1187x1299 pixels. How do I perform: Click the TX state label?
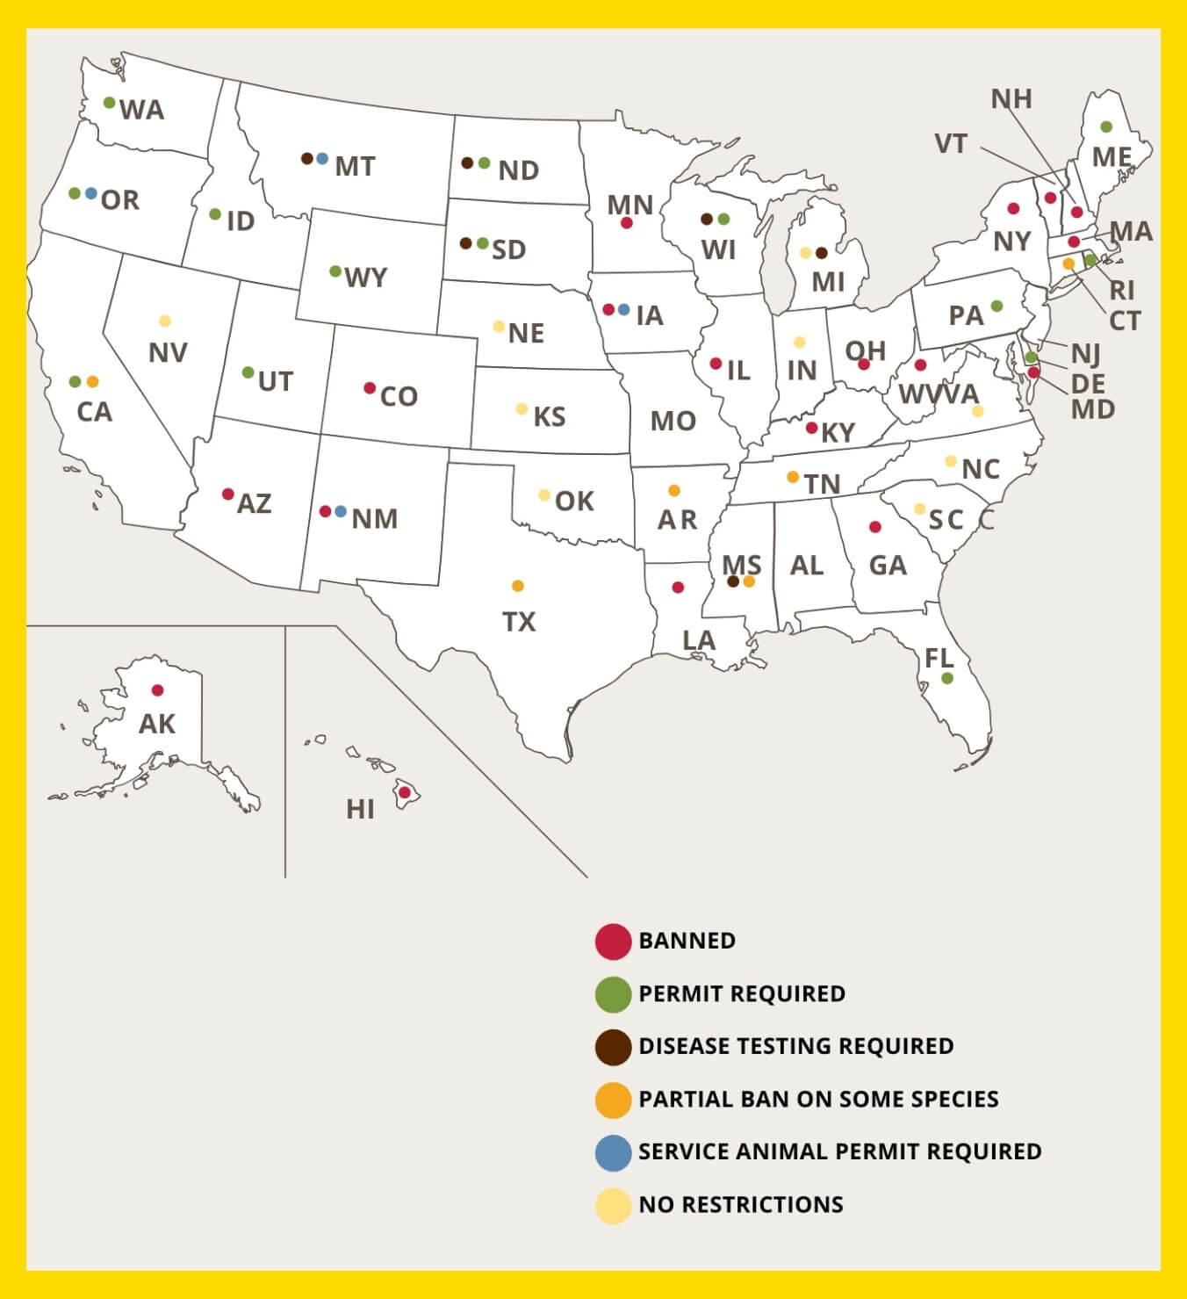519,622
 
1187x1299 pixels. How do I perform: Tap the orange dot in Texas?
518,586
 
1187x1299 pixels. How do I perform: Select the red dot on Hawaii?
405,792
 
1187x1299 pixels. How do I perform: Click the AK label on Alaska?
157,724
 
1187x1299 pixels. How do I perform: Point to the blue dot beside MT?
322,159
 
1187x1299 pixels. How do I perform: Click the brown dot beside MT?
306,159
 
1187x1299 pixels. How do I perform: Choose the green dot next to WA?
110,103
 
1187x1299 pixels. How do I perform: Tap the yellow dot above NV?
165,321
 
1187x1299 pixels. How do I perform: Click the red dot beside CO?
370,388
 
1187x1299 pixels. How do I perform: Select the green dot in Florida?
947,678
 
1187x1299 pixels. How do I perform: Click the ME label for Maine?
1111,157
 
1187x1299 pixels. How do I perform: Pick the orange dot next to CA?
92,382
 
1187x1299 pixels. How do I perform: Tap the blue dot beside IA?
623,309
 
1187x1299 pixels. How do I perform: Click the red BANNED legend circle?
613,941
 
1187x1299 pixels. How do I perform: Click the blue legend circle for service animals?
613,1152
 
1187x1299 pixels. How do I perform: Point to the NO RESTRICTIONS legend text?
741,1204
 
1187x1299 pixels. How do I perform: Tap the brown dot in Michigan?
822,253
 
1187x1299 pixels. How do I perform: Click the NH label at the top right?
1011,99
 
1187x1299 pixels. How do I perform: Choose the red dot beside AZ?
228,494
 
